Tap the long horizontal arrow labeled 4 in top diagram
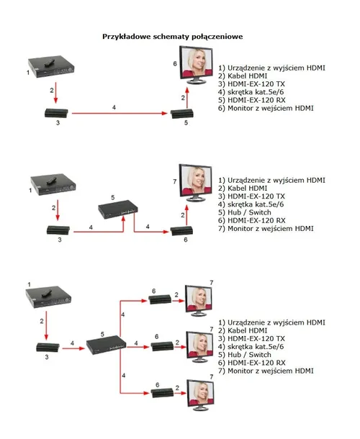[119, 114]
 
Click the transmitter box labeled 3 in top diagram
[55, 112]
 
